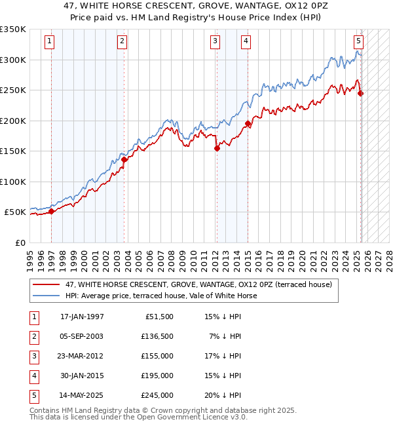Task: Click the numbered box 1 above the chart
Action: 50,41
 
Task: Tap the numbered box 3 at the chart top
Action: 215,41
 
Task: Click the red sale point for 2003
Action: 124,159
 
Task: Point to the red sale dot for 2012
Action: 217,148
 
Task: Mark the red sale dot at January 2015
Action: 248,123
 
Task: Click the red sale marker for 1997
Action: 51,211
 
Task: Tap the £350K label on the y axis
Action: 13,29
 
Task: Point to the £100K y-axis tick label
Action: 13,182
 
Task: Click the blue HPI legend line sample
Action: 45,296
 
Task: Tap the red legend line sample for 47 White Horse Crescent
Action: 45,284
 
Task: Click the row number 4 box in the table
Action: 33,376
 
